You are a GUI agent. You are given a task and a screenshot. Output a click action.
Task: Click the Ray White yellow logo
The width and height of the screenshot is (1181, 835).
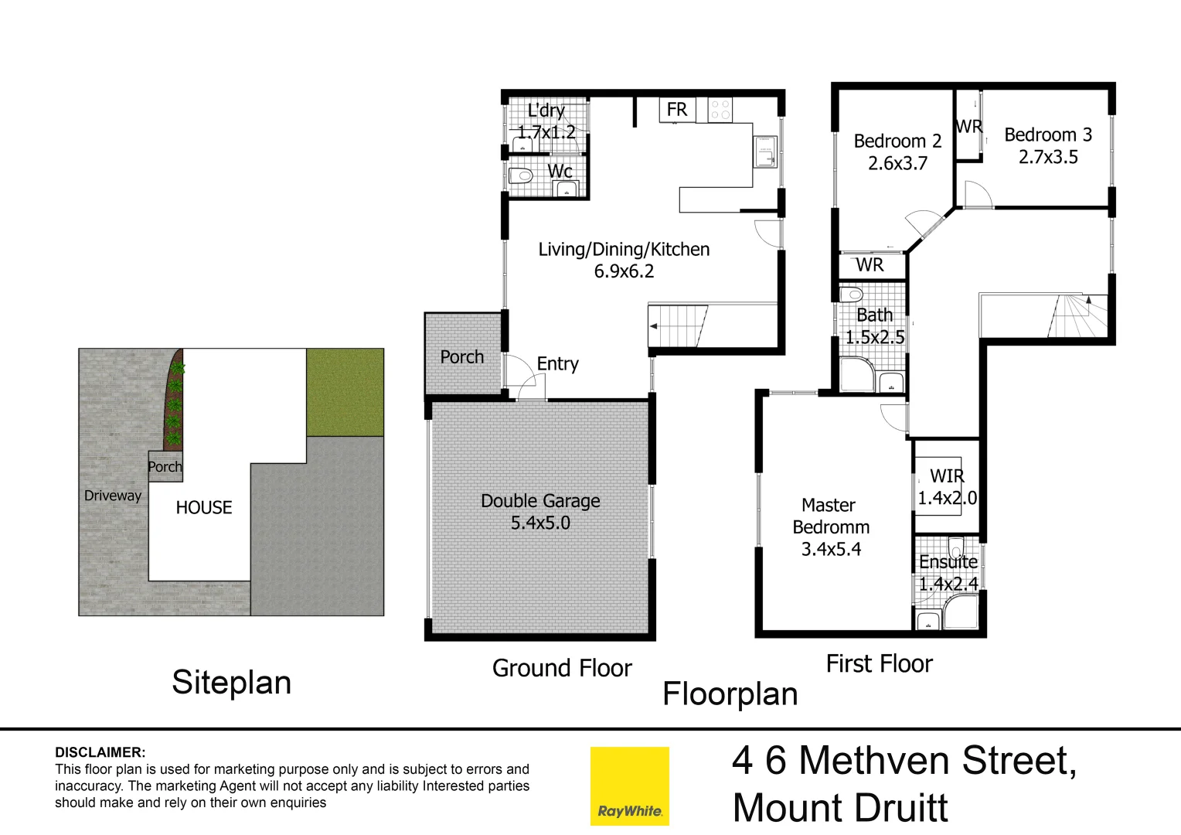tap(629, 786)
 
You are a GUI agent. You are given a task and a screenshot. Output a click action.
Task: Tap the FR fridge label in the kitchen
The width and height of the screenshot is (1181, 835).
tap(676, 110)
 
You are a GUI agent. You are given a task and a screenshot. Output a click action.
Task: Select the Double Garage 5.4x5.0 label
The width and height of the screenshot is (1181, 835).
tap(540, 512)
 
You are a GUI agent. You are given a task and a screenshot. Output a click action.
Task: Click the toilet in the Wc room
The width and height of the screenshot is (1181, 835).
tap(522, 176)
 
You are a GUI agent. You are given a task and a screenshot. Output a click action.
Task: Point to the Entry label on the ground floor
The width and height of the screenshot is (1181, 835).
tap(557, 363)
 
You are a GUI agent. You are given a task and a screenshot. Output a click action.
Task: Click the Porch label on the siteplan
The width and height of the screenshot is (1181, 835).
tap(165, 467)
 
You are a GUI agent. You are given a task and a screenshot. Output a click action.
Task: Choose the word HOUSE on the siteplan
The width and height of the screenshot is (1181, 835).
tap(203, 507)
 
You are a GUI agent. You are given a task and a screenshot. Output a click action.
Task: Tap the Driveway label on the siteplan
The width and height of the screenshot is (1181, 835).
tap(113, 496)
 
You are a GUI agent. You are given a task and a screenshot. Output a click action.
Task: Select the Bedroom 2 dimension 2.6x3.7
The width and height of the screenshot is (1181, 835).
tap(897, 163)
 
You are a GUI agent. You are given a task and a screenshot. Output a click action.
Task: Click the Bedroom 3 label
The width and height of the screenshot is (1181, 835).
tap(1047, 135)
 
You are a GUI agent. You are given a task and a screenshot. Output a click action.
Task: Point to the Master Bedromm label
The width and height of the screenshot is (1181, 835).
tap(830, 516)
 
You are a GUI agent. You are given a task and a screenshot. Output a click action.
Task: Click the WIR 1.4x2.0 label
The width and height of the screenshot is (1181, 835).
tap(947, 487)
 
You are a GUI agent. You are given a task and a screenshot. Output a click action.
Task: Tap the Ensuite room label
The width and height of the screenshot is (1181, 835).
tap(948, 562)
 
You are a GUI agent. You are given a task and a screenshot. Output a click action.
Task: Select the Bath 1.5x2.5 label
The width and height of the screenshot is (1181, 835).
tap(874, 326)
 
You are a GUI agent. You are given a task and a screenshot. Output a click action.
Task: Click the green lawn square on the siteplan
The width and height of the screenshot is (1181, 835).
tap(345, 392)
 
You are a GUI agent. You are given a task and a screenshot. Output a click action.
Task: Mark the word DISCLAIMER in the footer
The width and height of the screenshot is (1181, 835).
tap(100, 752)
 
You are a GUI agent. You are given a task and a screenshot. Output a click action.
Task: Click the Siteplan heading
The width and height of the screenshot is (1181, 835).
tap(231, 683)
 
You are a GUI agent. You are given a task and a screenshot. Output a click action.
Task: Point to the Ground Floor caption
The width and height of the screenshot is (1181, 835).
tap(562, 668)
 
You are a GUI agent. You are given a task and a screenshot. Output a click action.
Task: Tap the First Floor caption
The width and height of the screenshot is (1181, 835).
tap(879, 663)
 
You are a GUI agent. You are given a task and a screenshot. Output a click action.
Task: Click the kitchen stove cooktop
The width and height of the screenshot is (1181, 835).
tap(720, 110)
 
